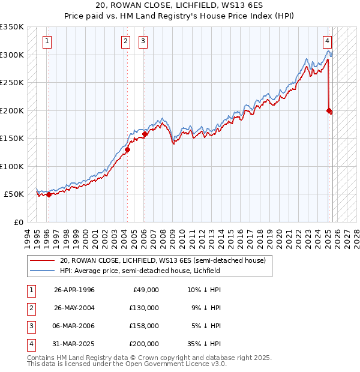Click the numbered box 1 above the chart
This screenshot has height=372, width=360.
47,41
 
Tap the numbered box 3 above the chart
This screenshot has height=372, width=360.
144,41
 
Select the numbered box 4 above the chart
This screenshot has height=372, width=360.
327,41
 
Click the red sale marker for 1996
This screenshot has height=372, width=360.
49,194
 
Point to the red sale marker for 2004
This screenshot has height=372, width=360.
128,149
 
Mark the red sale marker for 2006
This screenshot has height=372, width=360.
145,134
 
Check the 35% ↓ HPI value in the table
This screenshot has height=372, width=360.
204,344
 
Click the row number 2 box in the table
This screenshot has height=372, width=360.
30,308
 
